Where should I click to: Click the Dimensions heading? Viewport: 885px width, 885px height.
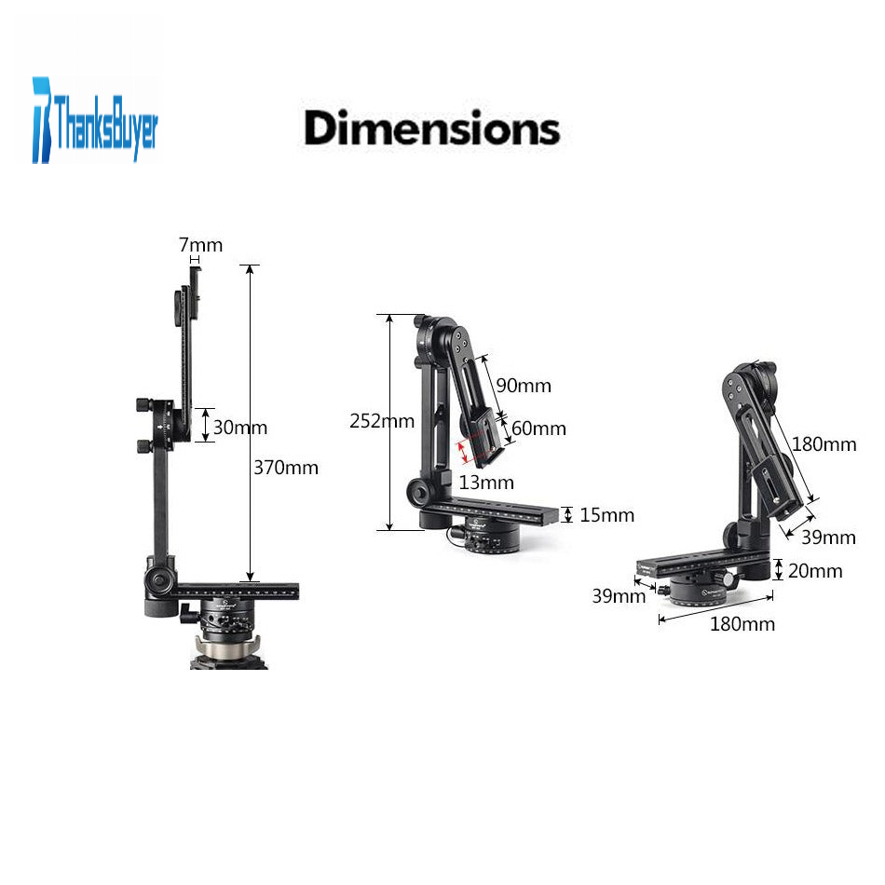tap(431, 129)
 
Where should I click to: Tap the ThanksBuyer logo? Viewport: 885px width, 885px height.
tap(95, 120)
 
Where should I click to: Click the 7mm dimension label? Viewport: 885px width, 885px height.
tap(200, 245)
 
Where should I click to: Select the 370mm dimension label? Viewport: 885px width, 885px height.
tap(286, 468)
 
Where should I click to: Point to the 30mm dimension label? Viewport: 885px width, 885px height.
tap(239, 428)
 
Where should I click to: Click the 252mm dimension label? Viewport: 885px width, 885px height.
tap(382, 420)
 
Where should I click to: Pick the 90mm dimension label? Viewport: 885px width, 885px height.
tap(524, 386)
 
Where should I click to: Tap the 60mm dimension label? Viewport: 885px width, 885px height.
tap(538, 429)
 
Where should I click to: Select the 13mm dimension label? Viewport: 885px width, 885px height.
tap(486, 483)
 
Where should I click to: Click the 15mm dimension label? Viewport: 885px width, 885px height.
tap(606, 515)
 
